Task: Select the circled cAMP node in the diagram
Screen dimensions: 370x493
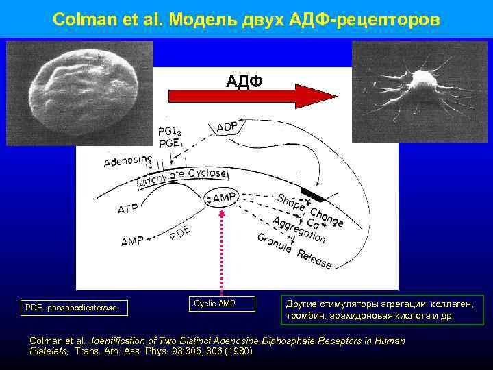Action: (x=221, y=198)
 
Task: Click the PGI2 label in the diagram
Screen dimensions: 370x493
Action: (x=170, y=132)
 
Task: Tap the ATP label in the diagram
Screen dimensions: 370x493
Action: (x=131, y=208)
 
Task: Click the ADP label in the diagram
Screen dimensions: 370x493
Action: (x=227, y=127)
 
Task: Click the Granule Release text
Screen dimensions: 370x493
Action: (x=294, y=250)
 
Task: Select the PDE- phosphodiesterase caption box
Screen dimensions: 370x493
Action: (x=71, y=308)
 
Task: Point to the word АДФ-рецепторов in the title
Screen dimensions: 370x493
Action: (x=376, y=19)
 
